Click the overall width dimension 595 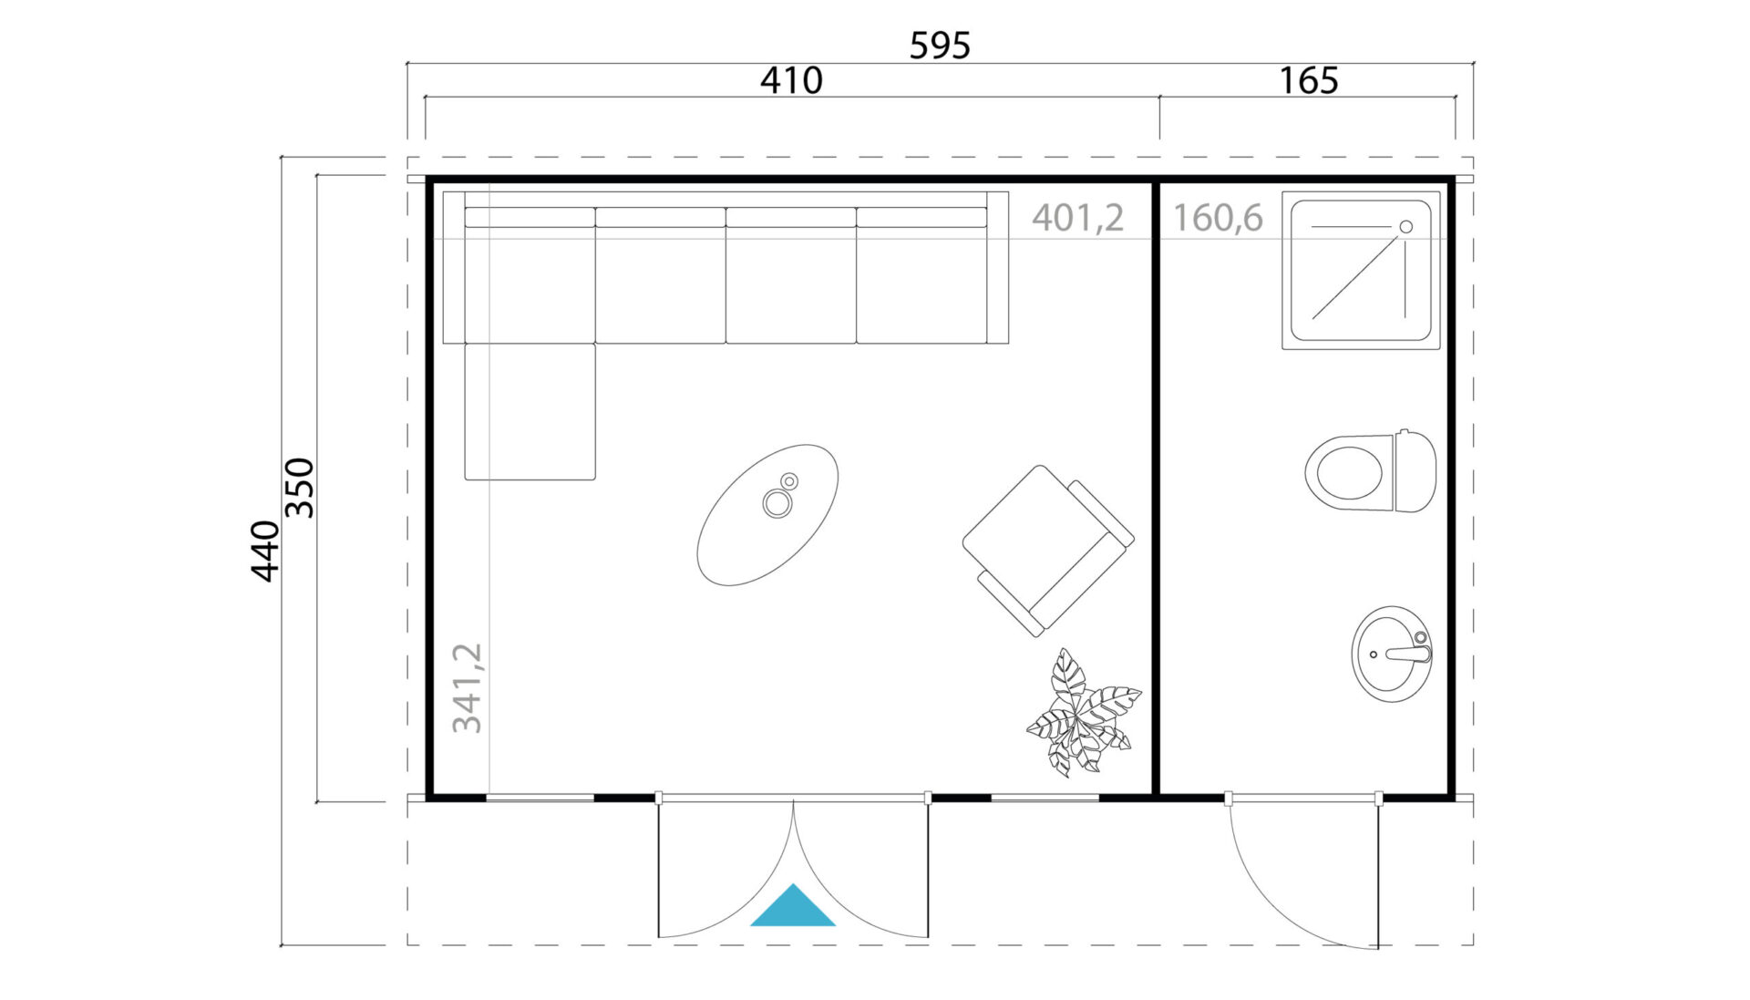(x=940, y=45)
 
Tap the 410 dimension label (x=791, y=80)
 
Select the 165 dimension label (x=1308, y=80)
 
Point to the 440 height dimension (x=264, y=551)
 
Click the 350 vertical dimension (x=299, y=488)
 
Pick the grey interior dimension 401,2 (x=1077, y=218)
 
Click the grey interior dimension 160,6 (x=1218, y=218)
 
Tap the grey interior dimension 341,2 (x=467, y=687)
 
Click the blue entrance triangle (x=792, y=905)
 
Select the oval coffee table (x=767, y=515)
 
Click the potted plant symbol (x=1082, y=712)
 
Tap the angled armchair (x=1048, y=550)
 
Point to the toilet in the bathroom (x=1370, y=471)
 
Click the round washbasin (x=1391, y=654)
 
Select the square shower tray (x=1361, y=271)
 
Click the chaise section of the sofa (x=530, y=411)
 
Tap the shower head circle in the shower (x=1405, y=227)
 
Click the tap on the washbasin (x=1404, y=652)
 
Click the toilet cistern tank (x=1415, y=471)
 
